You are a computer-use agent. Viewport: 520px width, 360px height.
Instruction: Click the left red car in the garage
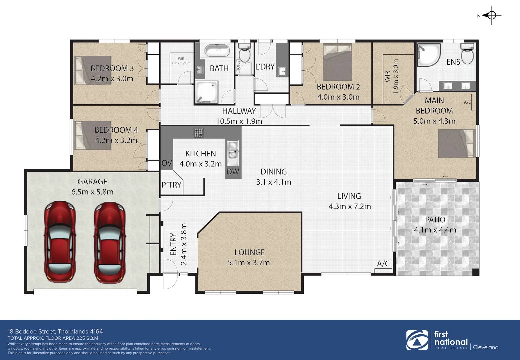(x=60, y=241)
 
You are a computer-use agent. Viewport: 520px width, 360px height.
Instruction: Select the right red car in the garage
(x=110, y=241)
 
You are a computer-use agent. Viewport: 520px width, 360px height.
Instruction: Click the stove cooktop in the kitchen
(x=199, y=133)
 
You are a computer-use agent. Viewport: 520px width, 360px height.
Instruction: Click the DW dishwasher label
(x=233, y=172)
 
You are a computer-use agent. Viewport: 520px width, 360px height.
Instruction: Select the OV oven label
(x=167, y=163)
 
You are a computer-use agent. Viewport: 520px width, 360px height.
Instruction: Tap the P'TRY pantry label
(x=171, y=185)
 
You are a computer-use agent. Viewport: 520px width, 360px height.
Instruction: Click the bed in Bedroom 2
(x=337, y=62)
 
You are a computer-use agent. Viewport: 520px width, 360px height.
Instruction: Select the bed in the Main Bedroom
(x=456, y=143)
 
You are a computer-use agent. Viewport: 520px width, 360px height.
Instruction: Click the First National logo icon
(x=417, y=340)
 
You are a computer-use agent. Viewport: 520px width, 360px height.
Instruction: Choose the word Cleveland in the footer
(x=486, y=347)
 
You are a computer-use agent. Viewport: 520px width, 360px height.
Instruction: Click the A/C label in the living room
(x=383, y=264)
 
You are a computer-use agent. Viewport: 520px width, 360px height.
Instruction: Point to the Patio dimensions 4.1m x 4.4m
(x=435, y=230)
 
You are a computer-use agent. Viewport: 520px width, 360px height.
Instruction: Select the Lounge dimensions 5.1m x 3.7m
(x=249, y=263)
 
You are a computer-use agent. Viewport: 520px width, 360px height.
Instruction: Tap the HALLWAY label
(x=239, y=111)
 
